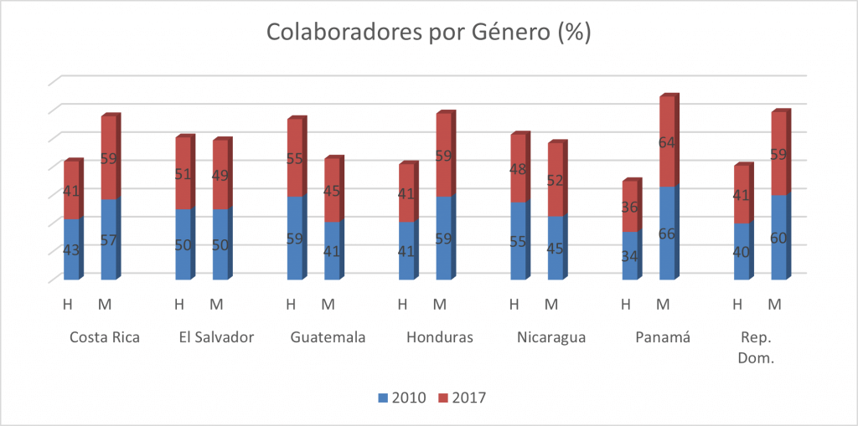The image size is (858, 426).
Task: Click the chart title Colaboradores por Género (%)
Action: pos(428,33)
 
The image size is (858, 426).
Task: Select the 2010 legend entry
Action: pos(401,398)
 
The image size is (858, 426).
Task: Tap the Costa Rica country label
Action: pos(104,338)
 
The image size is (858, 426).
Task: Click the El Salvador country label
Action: pos(216,338)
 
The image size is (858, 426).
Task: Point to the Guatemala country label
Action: pos(328,338)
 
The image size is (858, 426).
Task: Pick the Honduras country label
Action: pos(440,338)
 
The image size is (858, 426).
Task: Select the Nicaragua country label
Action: pos(550,338)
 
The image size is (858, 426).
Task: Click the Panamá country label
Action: pos(662,338)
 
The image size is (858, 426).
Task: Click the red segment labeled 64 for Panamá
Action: pos(668,142)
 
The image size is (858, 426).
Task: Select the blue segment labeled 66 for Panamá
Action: pos(668,234)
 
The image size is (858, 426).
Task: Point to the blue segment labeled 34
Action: pos(631,255)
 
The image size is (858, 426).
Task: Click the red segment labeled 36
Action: pos(631,207)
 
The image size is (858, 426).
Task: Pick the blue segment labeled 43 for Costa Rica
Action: pos(72,249)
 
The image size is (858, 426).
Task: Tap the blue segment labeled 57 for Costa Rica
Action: pos(110,240)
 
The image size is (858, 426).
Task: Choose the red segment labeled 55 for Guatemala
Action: pos(296,157)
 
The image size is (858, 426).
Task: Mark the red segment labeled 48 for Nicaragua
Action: pos(519,168)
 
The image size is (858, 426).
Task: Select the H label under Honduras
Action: pos(402,303)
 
